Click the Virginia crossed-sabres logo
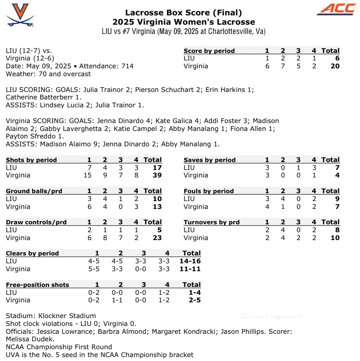[20, 15]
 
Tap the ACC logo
[336, 10]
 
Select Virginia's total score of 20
[335, 66]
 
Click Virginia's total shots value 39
[157, 175]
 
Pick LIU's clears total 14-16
[190, 261]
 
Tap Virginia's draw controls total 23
[157, 238]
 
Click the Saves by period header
[209, 160]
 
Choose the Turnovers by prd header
[211, 222]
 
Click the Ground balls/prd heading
[34, 191]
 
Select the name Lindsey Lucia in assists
[62, 105]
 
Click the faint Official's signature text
[271, 316]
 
